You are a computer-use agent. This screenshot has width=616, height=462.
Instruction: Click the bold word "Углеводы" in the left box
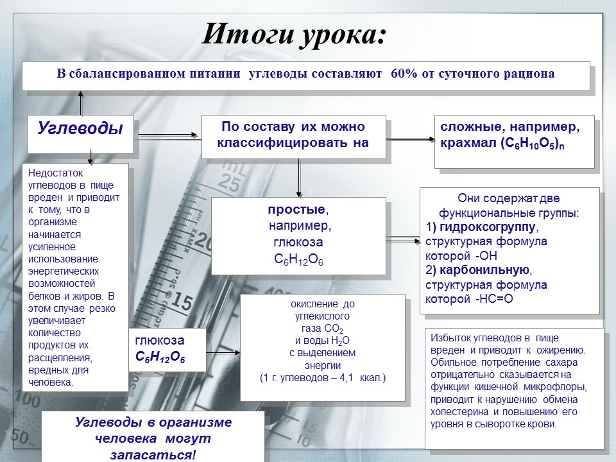(x=80, y=128)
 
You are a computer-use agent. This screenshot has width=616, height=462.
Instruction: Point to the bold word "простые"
(x=297, y=211)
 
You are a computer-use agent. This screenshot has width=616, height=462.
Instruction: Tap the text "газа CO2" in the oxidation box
(x=322, y=329)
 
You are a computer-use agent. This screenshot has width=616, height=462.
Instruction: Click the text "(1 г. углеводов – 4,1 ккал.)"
(x=322, y=378)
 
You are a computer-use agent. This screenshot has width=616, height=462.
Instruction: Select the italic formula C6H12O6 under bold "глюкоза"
(x=160, y=357)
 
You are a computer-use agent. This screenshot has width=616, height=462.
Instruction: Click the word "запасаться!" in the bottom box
(x=153, y=454)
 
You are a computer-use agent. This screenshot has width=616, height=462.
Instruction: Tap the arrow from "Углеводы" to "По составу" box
(x=168, y=135)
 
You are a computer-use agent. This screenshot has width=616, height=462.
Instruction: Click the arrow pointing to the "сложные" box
(x=411, y=137)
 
